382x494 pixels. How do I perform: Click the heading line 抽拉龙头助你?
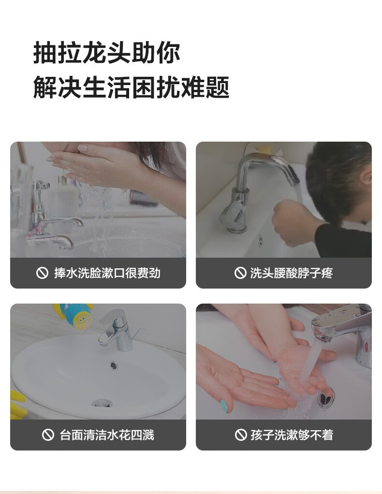(x=107, y=53)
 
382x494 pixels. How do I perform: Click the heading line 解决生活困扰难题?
(x=131, y=87)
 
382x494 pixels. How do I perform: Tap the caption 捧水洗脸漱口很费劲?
(x=107, y=273)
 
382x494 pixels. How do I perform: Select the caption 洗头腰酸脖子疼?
(x=291, y=273)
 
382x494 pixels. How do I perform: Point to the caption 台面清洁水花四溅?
(x=107, y=435)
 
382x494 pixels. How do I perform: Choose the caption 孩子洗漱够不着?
(x=292, y=435)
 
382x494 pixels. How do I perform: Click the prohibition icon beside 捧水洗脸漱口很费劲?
(x=42, y=273)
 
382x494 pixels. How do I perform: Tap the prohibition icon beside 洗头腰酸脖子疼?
(x=240, y=273)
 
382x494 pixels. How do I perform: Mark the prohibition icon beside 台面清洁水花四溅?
(x=48, y=435)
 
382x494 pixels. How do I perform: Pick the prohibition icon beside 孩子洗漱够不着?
(x=241, y=435)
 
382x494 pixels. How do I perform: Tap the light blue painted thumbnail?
(x=224, y=406)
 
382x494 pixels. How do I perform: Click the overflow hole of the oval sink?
(x=114, y=365)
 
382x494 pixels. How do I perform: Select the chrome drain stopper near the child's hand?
(x=325, y=399)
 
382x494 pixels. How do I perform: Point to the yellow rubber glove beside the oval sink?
(x=18, y=405)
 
